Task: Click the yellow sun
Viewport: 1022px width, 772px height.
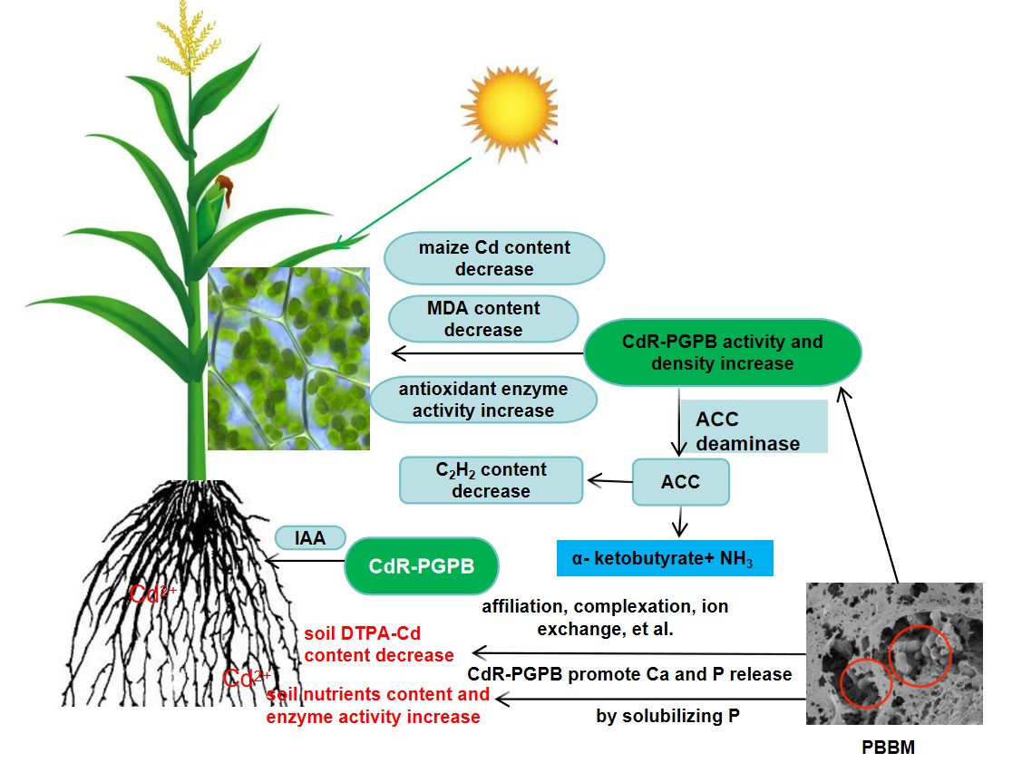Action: pyautogui.click(x=511, y=108)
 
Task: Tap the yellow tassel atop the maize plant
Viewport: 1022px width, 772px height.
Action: pyautogui.click(x=191, y=41)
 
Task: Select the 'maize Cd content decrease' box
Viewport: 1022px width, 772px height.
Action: pyautogui.click(x=494, y=258)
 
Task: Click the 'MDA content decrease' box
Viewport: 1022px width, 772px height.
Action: pyautogui.click(x=483, y=319)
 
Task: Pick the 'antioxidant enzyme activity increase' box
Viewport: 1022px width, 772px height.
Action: pyautogui.click(x=483, y=400)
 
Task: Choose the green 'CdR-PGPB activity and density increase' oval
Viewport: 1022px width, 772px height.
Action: pyautogui.click(x=722, y=352)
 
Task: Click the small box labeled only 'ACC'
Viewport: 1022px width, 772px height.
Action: pyautogui.click(x=680, y=481)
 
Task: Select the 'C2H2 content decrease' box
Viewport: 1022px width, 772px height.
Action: pyautogui.click(x=491, y=480)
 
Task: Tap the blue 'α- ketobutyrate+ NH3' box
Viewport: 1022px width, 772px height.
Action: pyautogui.click(x=665, y=556)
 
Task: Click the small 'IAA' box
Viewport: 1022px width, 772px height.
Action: pyautogui.click(x=311, y=538)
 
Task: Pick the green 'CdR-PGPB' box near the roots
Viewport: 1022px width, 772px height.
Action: pyautogui.click(x=422, y=566)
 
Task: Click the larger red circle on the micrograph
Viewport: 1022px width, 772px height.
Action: pyautogui.click(x=919, y=654)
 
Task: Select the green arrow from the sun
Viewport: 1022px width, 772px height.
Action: pyautogui.click(x=403, y=202)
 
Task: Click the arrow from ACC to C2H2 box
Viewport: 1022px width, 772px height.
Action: pyautogui.click(x=608, y=480)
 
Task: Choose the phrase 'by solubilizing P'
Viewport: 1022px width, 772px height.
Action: pyautogui.click(x=667, y=717)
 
